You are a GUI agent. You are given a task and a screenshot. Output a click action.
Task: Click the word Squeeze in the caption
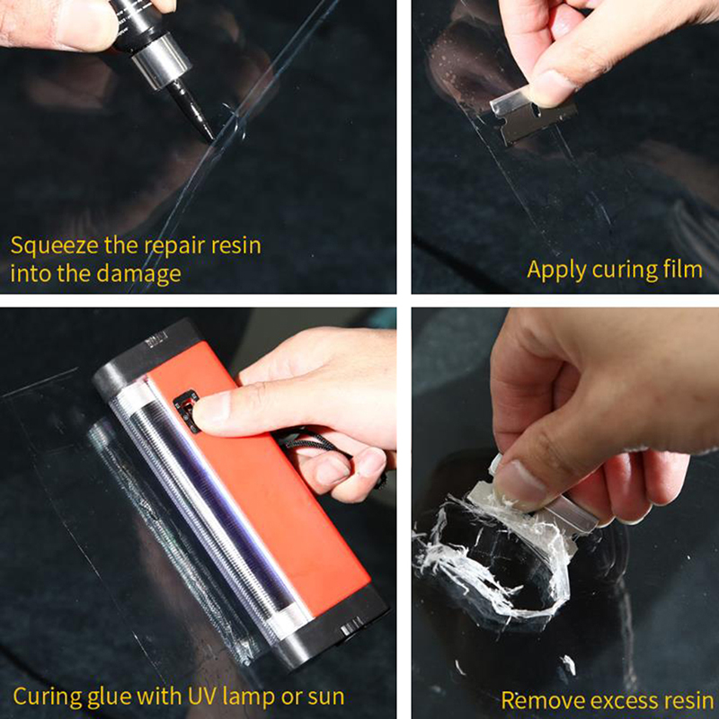pos(55,246)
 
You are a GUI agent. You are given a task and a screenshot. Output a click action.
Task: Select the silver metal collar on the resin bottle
pos(162,61)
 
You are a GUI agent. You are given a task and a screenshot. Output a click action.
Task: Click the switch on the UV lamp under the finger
pos(186,410)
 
